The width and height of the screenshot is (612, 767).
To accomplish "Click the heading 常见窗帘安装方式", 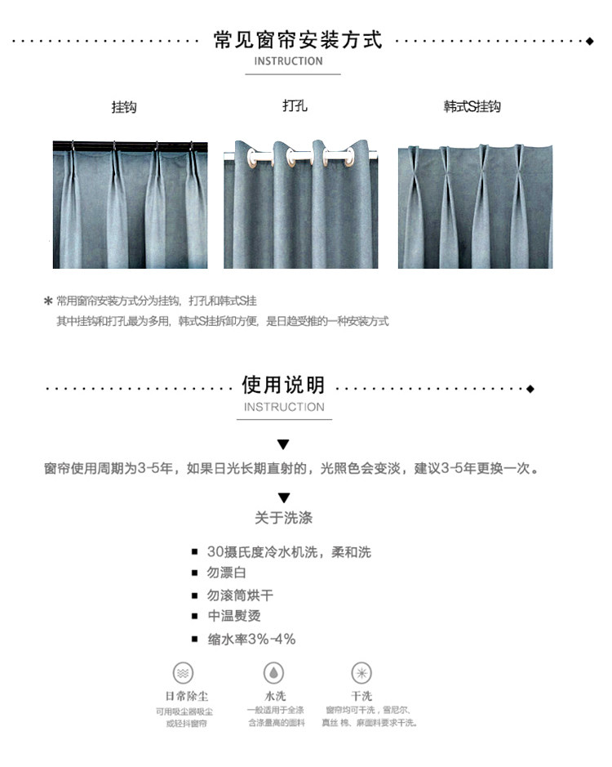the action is coord(298,39).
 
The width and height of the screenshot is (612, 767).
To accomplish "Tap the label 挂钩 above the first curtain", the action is coord(124,107).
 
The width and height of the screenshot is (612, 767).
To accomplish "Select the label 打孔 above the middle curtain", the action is coord(295,105).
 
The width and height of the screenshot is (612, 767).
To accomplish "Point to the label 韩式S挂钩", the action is coord(472,107).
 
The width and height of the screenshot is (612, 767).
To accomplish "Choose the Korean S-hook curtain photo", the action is coord(475,207).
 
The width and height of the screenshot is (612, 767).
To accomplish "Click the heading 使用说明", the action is coord(284,386).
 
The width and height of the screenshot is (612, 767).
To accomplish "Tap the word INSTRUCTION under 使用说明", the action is coord(284,407).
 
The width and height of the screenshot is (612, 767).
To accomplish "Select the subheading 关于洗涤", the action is coord(283,518).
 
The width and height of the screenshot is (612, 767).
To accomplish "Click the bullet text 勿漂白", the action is coord(227,573).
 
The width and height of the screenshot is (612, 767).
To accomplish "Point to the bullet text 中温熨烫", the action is coord(234,617).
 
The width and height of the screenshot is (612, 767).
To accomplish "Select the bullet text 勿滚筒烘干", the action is coord(240,595).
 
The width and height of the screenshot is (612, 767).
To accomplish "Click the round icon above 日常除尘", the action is coord(184,673).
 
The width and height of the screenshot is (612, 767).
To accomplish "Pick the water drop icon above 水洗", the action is coord(273,673).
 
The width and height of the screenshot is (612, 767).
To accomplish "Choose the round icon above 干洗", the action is coord(361,673).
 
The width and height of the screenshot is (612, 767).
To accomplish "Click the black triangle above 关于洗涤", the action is coord(283,497).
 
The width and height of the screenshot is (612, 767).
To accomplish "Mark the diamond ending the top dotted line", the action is coord(590,40).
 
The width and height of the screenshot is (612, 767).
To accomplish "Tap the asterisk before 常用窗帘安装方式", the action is coord(48,301).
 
